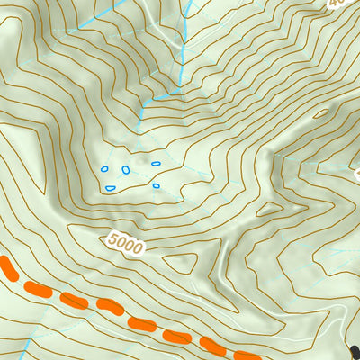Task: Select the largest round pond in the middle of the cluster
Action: point(126,169)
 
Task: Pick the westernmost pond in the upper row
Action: point(104,168)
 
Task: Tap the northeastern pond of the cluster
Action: point(156,164)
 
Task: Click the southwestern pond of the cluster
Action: point(110,187)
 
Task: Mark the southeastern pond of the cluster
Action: point(156,186)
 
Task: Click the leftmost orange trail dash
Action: point(7,267)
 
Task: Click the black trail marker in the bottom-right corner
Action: point(355,352)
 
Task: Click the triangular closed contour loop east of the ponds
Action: point(267,210)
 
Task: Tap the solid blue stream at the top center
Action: point(184,36)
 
